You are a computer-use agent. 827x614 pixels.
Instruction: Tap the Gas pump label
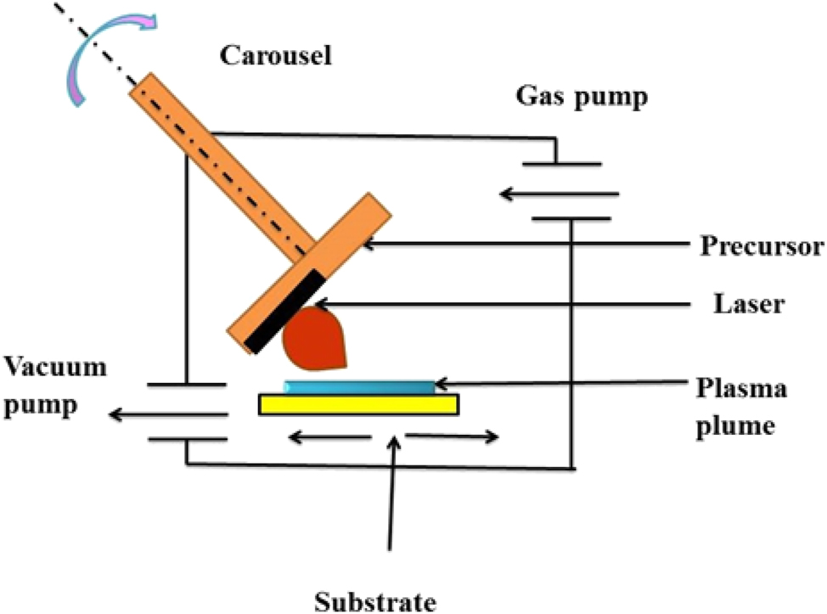pos(582,97)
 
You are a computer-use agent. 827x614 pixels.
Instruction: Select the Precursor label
pos(762,247)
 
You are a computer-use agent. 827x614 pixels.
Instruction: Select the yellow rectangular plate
pos(359,405)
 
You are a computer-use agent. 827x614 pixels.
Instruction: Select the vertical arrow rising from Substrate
pos(391,493)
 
